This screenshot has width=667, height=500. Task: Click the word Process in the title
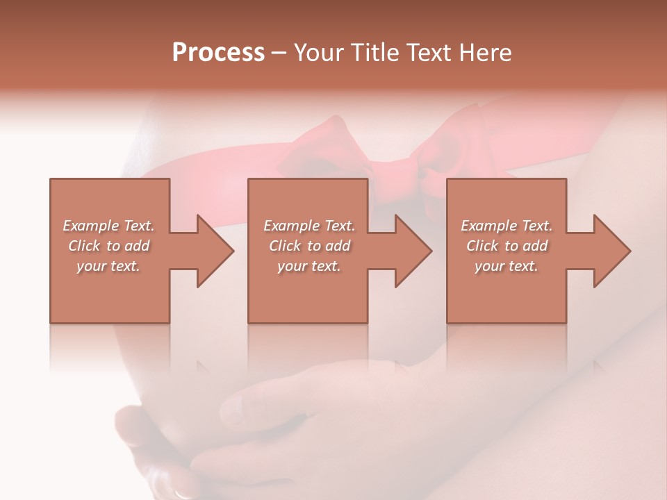click(x=218, y=53)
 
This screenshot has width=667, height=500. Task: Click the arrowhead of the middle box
click(x=413, y=251)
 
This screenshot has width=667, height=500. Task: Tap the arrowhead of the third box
click(x=611, y=251)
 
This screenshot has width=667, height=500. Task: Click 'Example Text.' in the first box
click(x=108, y=226)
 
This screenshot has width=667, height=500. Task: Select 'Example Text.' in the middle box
click(x=309, y=226)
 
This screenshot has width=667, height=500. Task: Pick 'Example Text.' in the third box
click(x=507, y=226)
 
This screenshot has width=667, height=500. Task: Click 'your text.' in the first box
click(x=108, y=266)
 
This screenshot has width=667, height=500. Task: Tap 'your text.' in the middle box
click(x=309, y=266)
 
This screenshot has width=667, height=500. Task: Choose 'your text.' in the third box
click(x=507, y=266)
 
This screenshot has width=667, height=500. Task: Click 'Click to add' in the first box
click(x=108, y=246)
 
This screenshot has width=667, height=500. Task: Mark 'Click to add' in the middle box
click(x=309, y=246)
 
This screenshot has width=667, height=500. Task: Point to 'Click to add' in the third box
click(x=507, y=246)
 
